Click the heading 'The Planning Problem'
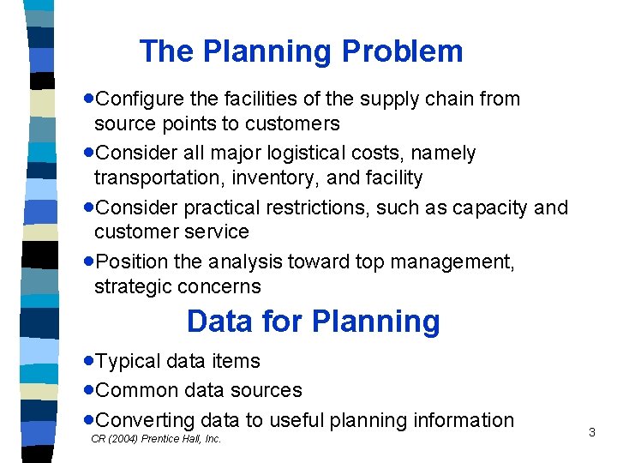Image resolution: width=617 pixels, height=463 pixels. (x=301, y=51)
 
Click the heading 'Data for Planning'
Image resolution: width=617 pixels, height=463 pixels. (x=313, y=322)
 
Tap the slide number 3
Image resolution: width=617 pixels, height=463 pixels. (x=591, y=433)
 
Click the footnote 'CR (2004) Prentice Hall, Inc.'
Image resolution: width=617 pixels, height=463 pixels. (x=156, y=439)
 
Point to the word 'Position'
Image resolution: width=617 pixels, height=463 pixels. (x=128, y=262)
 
